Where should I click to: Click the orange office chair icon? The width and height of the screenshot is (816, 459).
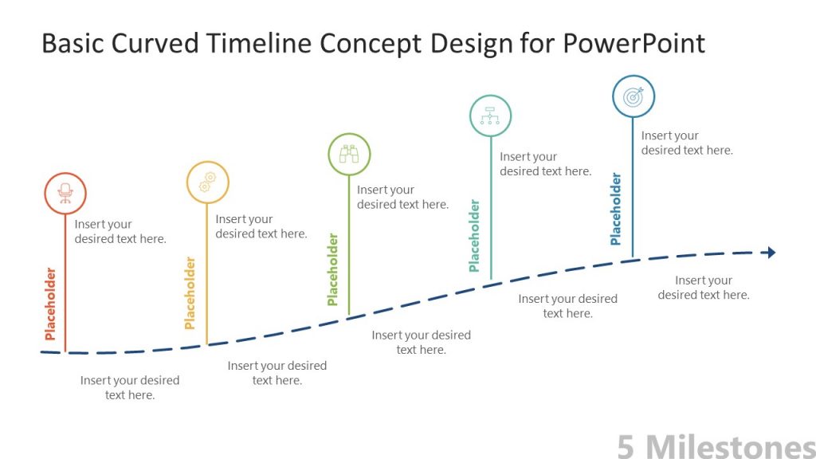coord(65,193)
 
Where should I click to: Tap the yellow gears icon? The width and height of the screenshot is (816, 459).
coord(207,182)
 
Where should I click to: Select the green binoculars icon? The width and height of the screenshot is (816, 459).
coord(349,154)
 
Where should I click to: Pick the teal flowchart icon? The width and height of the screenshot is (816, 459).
coord(490,116)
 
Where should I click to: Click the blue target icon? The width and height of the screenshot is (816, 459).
coord(634,96)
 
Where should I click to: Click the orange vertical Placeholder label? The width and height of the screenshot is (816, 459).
coord(50,304)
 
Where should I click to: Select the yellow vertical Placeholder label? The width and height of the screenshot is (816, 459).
coord(190,292)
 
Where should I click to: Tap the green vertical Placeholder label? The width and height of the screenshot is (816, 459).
coord(332,269)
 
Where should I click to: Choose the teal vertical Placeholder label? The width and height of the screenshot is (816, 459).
coord(474,236)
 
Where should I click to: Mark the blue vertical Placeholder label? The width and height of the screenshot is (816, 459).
coord(615,209)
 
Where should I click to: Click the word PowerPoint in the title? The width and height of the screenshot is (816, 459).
coord(634,43)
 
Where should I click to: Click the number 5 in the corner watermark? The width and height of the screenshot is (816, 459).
coord(626,446)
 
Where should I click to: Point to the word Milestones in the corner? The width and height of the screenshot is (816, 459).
coord(729,446)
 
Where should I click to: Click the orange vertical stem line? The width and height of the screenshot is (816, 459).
coord(65,287)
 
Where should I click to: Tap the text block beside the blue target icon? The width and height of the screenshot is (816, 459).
coord(686,143)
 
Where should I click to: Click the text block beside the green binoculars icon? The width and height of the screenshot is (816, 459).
coord(402,197)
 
